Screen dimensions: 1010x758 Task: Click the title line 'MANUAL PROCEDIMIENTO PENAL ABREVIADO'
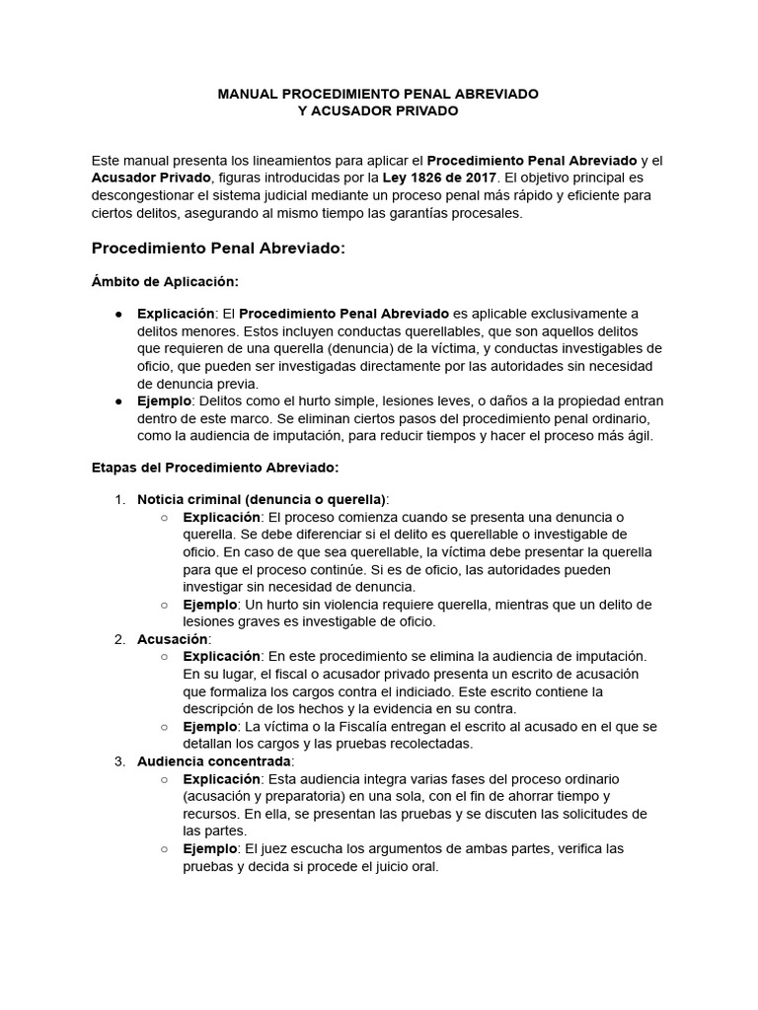point(378,94)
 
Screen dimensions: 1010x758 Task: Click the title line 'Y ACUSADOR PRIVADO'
point(378,111)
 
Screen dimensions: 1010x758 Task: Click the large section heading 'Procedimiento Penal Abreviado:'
point(218,249)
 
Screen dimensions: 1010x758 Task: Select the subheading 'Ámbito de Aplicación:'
point(165,282)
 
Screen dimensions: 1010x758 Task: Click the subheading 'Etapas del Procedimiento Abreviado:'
point(215,466)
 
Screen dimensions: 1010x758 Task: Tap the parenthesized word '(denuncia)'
point(443,348)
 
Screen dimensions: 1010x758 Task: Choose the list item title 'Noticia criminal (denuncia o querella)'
point(262,499)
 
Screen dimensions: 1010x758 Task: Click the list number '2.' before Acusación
point(119,639)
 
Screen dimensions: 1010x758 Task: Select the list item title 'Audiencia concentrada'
point(214,761)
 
